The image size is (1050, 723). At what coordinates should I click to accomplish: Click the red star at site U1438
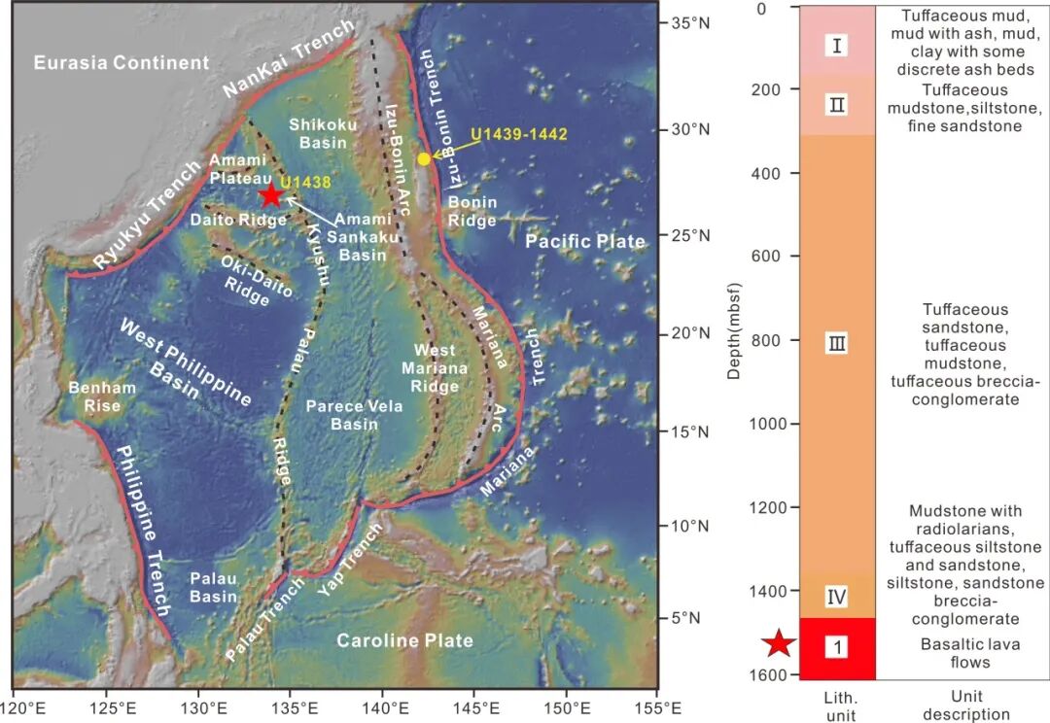pos(270,194)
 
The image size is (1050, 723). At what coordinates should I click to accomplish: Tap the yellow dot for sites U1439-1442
pos(424,158)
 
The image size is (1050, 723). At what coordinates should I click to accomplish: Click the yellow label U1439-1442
pos(518,134)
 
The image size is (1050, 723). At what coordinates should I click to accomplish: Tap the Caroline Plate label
pos(405,640)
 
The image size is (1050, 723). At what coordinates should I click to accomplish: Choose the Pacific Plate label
pos(586,241)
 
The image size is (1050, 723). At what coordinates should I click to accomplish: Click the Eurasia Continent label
pos(122,63)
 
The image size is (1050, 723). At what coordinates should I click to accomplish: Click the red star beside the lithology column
pos(778,643)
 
